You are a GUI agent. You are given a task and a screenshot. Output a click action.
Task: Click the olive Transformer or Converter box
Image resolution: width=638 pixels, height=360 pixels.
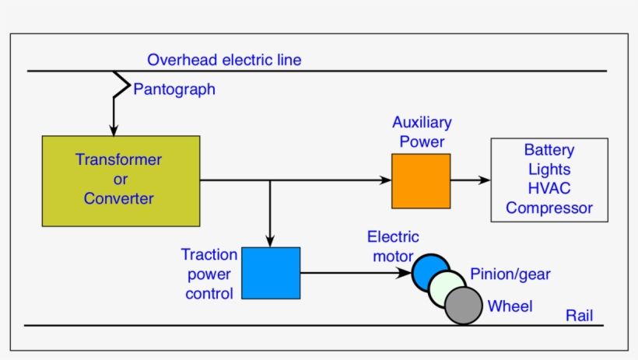pyautogui.click(x=121, y=180)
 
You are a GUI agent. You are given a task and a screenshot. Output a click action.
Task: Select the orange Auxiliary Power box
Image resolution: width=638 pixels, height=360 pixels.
pyautogui.click(x=420, y=180)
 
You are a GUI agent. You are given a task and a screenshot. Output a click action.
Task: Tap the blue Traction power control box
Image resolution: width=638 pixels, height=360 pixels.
pyautogui.click(x=271, y=273)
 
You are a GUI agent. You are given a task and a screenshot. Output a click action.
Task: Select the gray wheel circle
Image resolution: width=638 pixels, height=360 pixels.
pyautogui.click(x=464, y=306)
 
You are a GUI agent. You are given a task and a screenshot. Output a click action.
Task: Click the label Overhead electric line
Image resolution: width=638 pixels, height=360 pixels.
pyautogui.click(x=224, y=60)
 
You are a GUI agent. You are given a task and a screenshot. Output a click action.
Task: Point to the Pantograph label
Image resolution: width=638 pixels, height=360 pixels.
pyautogui.click(x=174, y=89)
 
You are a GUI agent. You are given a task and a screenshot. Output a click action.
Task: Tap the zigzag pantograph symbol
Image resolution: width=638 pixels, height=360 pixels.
pyautogui.click(x=121, y=84)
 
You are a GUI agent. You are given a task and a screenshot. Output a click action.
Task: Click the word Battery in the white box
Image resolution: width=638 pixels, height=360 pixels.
pyautogui.click(x=549, y=150)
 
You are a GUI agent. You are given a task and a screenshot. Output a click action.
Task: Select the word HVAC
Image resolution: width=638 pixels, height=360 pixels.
pyautogui.click(x=549, y=189)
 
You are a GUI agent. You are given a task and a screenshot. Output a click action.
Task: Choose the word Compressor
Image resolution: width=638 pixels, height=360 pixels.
pyautogui.click(x=549, y=208)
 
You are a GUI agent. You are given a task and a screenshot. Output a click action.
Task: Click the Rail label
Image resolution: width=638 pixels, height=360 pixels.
pyautogui.click(x=579, y=315)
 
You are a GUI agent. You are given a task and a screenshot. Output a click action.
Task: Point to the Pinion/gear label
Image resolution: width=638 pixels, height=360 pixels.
pyautogui.click(x=510, y=274)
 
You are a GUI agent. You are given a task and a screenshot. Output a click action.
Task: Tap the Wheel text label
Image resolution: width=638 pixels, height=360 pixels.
pyautogui.click(x=510, y=306)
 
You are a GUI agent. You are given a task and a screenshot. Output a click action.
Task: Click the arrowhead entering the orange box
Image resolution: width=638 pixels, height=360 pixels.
pyautogui.click(x=386, y=180)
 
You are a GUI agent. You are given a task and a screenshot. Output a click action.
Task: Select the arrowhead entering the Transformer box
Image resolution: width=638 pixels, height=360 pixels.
pyautogui.click(x=114, y=131)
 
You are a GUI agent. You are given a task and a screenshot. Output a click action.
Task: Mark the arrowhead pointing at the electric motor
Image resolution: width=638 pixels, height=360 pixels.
pyautogui.click(x=405, y=273)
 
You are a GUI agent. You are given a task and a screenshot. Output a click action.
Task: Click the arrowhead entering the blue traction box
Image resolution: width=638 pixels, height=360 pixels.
pyautogui.click(x=270, y=242)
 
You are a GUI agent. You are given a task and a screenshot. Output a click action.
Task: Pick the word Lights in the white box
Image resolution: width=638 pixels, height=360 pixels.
pyautogui.click(x=549, y=170)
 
